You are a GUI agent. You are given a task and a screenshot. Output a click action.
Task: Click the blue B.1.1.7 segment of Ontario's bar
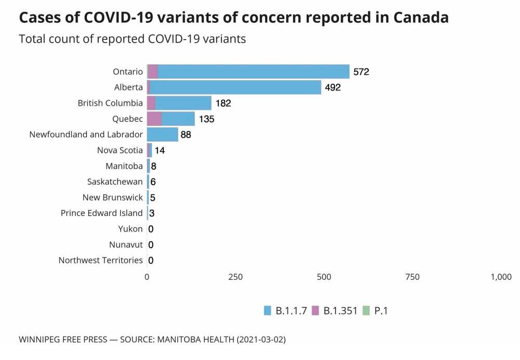pyautogui.click(x=254, y=72)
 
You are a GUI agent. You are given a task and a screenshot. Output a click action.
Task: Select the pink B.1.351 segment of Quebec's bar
pyautogui.click(x=154, y=119)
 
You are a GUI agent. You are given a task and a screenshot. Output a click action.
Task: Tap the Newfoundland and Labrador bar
pyautogui.click(x=162, y=134)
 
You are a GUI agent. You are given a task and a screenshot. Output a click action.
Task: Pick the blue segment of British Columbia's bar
pyautogui.click(x=184, y=103)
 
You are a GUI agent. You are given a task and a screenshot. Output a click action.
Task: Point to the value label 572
pyautogui.click(x=361, y=72)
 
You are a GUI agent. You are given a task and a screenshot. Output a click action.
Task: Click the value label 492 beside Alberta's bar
pyautogui.click(x=333, y=87)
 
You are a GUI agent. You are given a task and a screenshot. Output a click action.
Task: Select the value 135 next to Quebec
pyautogui.click(x=206, y=119)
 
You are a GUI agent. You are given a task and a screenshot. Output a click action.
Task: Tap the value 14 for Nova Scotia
pyautogui.click(x=160, y=151)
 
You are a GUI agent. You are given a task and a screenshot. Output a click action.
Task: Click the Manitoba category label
pyautogui.click(x=124, y=166)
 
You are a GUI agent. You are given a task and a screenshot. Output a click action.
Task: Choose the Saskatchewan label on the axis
pyautogui.click(x=115, y=182)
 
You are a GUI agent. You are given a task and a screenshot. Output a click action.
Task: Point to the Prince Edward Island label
pyautogui.click(x=101, y=213)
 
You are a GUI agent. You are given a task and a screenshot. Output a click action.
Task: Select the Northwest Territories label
pyautogui.click(x=100, y=260)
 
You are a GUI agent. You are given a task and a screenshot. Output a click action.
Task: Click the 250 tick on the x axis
pyautogui.click(x=235, y=277)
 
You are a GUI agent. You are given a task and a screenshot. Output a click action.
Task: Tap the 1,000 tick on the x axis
pyautogui.click(x=501, y=277)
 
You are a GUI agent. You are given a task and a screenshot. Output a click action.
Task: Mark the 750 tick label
pyautogui.click(x=412, y=277)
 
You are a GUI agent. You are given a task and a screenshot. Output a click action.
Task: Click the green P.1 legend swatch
pyautogui.click(x=366, y=311)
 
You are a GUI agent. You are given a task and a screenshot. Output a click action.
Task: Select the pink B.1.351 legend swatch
pyautogui.click(x=316, y=311)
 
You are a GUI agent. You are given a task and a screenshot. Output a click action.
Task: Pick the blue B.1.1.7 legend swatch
pyautogui.click(x=267, y=311)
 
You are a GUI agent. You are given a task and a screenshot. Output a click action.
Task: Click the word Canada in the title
pyautogui.click(x=421, y=18)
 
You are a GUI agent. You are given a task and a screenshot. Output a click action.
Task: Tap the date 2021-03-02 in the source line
pyautogui.click(x=261, y=339)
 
